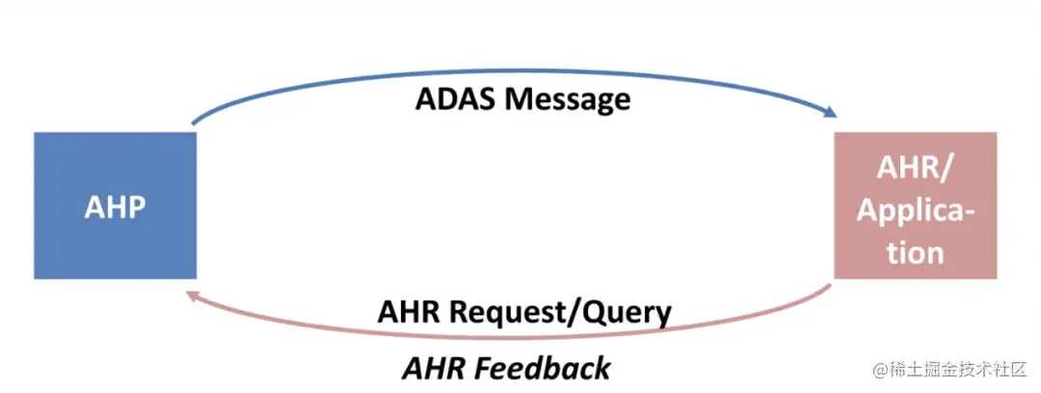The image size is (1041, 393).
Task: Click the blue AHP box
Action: tap(115, 206)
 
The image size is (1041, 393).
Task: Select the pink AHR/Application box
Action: tap(916, 206)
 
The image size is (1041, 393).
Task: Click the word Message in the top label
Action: tap(568, 99)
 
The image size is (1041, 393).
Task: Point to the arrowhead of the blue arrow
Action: tap(830, 114)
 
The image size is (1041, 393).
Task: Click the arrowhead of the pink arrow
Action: tap(194, 296)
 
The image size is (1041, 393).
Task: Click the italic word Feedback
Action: tap(543, 368)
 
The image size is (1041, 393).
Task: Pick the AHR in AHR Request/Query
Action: tap(411, 311)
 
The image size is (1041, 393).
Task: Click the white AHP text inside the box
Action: tap(115, 208)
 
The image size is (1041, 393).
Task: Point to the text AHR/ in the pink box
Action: tap(915, 170)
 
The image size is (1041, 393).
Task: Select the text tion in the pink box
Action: tap(915, 253)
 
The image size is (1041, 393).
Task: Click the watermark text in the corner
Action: tap(950, 369)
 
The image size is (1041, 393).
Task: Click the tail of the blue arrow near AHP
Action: tap(193, 123)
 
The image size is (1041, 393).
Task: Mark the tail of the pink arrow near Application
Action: tap(831, 286)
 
